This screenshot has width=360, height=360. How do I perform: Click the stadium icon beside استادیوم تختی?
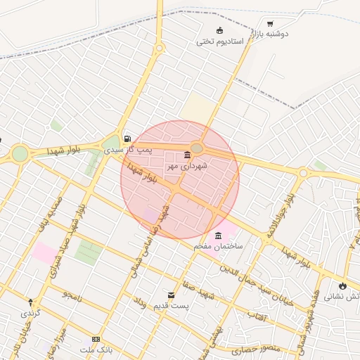coord(220,30)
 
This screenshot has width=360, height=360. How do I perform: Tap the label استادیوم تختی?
coord(220,41)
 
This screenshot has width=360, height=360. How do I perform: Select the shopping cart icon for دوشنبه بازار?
coord(270,23)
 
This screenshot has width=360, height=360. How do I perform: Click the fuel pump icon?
coord(127,138)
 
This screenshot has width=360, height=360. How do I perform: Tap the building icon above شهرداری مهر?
coord(187,155)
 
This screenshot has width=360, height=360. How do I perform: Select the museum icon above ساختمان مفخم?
coord(219,236)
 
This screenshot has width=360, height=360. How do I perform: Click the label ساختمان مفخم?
coord(219,247)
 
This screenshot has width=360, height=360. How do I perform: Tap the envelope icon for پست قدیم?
coord(171,295)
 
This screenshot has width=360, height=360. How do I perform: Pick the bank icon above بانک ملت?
coord(96,339)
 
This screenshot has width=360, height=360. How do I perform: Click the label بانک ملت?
coord(96,349)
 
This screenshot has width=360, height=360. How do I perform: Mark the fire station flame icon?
coord(342,285)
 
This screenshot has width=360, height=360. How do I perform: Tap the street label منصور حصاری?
coord(241,349)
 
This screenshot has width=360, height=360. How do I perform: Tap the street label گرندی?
coord(31,311)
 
